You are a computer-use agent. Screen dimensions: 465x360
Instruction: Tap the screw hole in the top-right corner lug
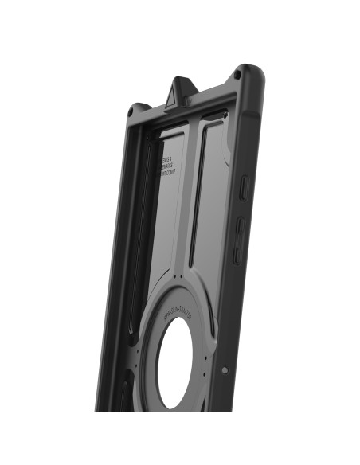tap(237, 76)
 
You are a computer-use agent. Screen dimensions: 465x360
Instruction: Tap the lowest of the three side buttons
tap(237, 254)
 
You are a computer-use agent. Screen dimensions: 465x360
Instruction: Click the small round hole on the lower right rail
tap(225, 369)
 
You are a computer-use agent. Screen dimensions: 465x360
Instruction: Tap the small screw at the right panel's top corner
tap(225, 117)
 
